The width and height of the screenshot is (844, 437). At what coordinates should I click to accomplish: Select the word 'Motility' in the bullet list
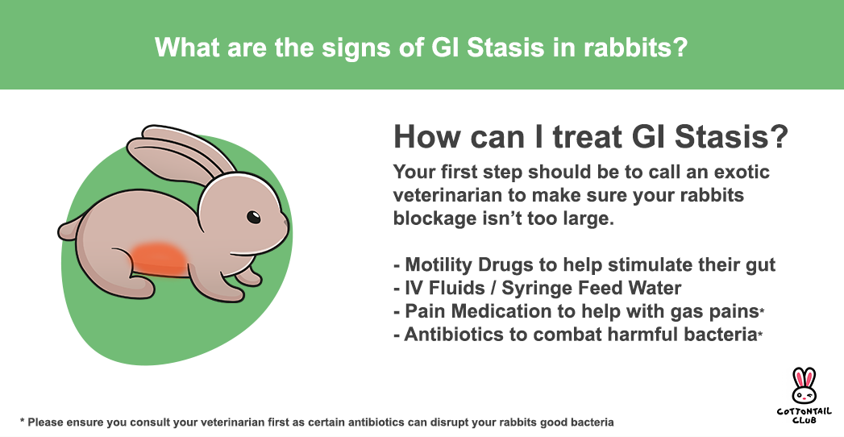click(x=439, y=265)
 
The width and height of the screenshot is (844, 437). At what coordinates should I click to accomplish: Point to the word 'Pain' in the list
click(x=422, y=311)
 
